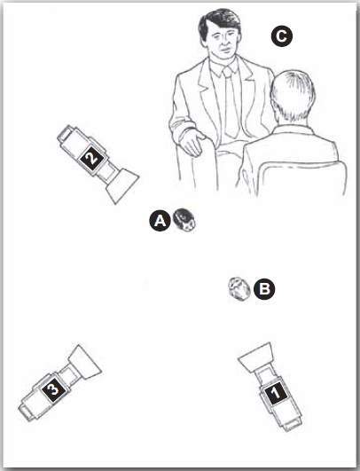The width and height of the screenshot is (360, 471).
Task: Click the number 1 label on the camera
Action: [277, 394]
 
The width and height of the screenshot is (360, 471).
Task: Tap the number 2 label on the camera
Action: [92, 158]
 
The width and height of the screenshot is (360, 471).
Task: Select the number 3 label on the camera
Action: [54, 389]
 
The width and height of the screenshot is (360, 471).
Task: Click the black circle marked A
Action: [160, 221]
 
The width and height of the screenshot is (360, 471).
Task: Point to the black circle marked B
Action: [264, 289]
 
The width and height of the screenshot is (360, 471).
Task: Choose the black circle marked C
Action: [282, 36]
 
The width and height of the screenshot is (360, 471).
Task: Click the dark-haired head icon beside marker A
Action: [184, 220]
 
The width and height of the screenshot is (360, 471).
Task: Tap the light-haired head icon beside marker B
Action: [239, 289]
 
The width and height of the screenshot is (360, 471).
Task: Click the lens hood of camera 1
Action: [257, 357]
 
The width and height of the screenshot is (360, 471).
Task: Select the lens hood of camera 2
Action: [122, 185]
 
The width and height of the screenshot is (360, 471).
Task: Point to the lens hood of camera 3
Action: [84, 362]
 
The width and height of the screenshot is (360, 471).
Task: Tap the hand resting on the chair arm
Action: [192, 143]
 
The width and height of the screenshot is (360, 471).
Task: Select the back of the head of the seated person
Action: [293, 96]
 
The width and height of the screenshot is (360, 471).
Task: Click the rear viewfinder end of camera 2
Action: [65, 133]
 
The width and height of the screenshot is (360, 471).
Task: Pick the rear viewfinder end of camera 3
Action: [26, 412]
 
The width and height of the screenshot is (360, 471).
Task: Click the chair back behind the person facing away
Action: [301, 177]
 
